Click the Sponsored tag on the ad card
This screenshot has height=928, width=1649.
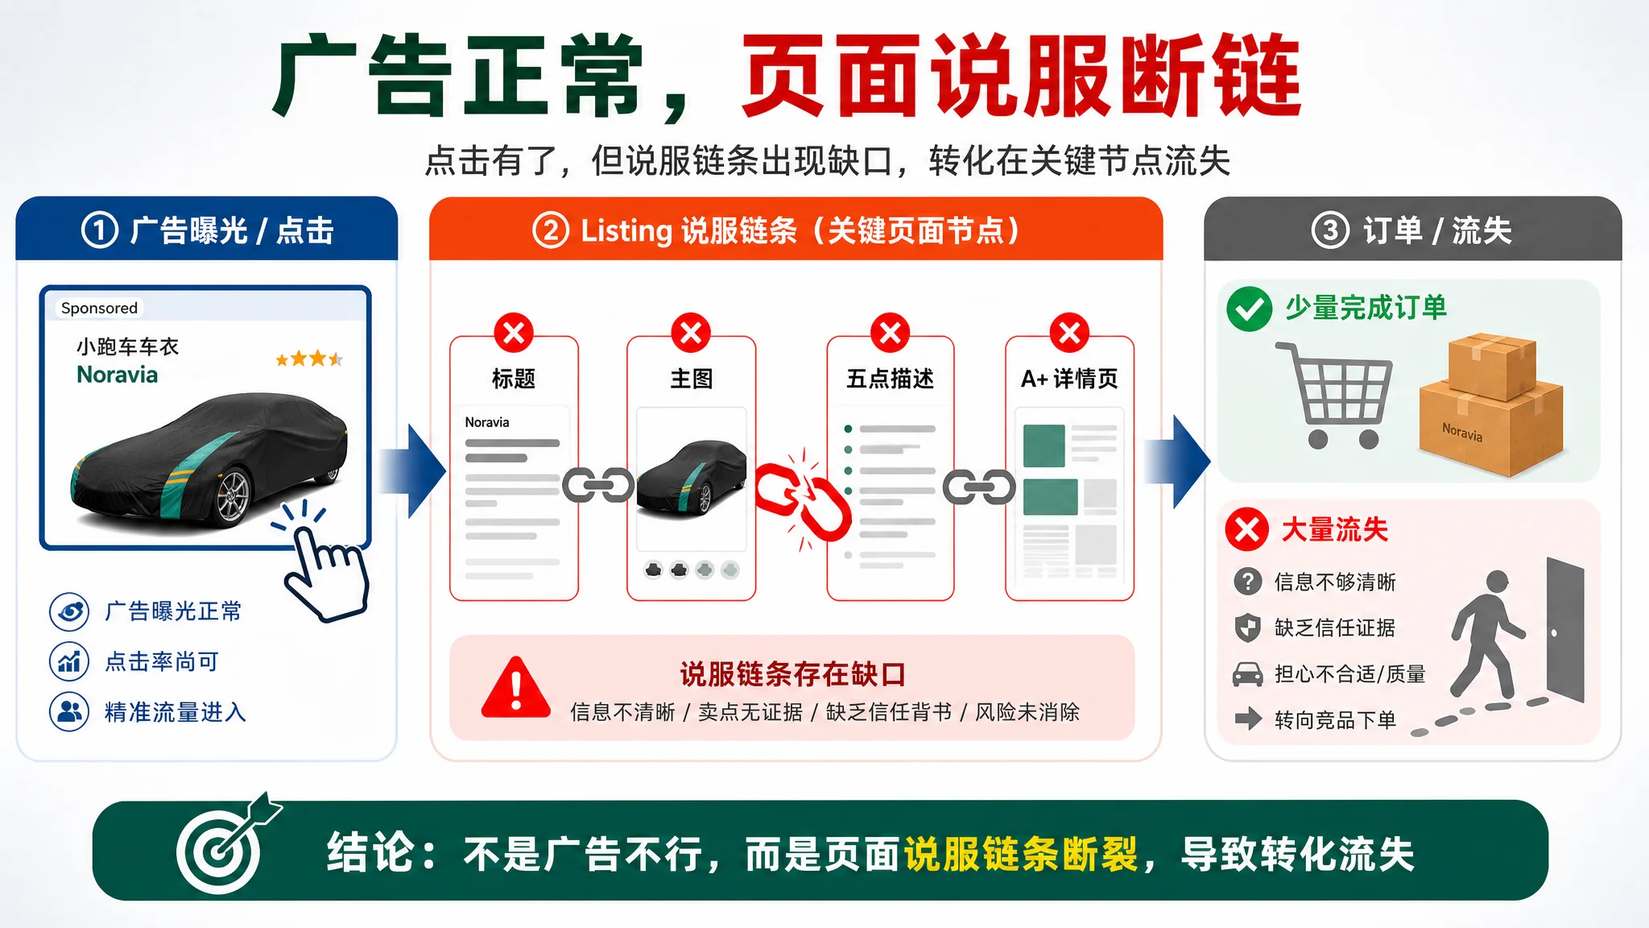point(99,308)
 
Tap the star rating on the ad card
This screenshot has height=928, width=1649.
point(309,358)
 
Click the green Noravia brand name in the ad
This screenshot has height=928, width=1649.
point(118,375)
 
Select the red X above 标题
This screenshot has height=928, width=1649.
point(514,333)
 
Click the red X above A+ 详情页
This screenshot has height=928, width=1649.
point(1069,333)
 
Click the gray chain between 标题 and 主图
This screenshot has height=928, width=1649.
point(597,486)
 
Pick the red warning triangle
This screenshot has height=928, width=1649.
point(516,688)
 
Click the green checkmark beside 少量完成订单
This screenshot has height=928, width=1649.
point(1249,309)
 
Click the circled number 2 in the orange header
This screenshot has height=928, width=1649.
point(551,230)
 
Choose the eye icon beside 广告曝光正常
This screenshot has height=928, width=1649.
point(69,611)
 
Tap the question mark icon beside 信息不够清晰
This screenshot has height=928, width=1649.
point(1247,581)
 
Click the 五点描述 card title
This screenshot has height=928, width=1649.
point(890,379)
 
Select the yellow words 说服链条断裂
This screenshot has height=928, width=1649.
point(1021,854)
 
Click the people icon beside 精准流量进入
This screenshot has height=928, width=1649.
point(69,712)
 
